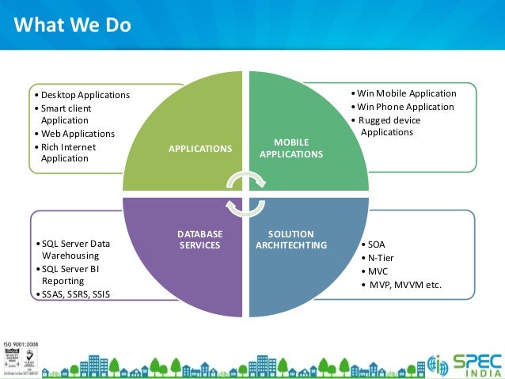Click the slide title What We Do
point(72,26)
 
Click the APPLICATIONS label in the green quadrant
point(201,148)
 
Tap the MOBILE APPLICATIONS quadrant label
point(290,148)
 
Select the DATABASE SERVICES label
point(199,240)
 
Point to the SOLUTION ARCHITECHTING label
point(291,240)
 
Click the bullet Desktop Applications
point(85,95)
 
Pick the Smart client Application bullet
point(66,114)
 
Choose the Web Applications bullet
point(78,134)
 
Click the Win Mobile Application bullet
point(407,93)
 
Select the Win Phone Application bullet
point(405,107)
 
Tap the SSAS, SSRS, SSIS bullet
point(76,294)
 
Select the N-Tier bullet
point(379,258)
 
